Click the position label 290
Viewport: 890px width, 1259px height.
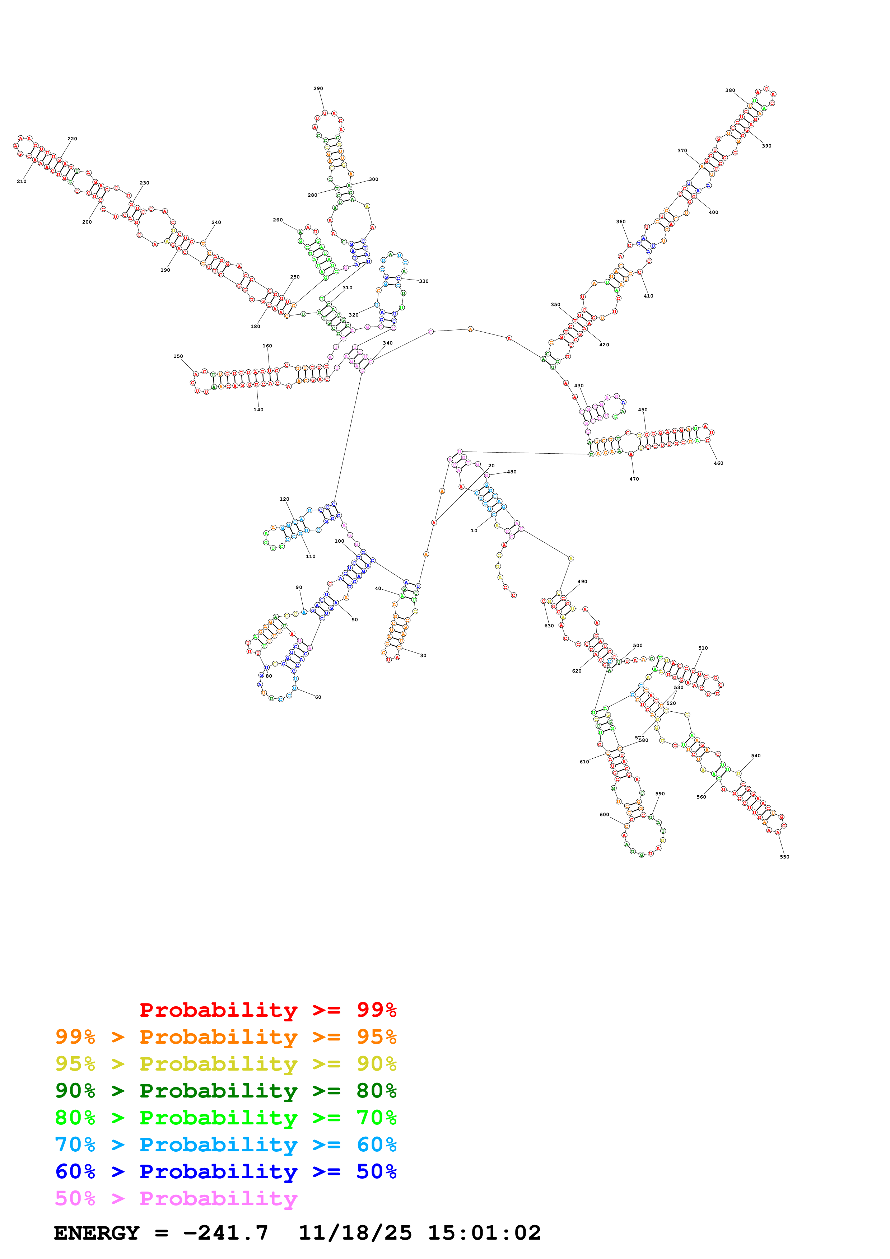tap(318, 88)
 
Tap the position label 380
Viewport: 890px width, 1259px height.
tap(730, 90)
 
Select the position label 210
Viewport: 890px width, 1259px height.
tap(22, 182)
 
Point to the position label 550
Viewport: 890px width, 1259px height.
tap(784, 857)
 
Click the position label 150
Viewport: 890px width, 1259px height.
tap(178, 356)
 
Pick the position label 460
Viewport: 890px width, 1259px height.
tap(718, 463)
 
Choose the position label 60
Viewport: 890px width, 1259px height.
tap(318, 697)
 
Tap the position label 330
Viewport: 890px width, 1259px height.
tap(424, 281)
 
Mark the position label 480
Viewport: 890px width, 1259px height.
tap(512, 472)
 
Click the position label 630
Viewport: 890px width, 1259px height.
tap(549, 626)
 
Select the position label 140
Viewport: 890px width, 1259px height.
tap(258, 409)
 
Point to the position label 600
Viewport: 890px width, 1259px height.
tap(604, 815)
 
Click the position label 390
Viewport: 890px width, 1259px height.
tap(766, 146)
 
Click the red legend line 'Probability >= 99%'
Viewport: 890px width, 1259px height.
tap(267, 1010)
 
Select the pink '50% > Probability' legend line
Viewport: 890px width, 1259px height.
tap(176, 1199)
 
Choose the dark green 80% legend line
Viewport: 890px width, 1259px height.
tap(225, 1091)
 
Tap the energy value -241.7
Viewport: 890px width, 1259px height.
tap(225, 1233)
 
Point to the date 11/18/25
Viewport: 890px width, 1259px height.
tap(355, 1233)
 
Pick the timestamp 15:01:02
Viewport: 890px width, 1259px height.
tap(484, 1233)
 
